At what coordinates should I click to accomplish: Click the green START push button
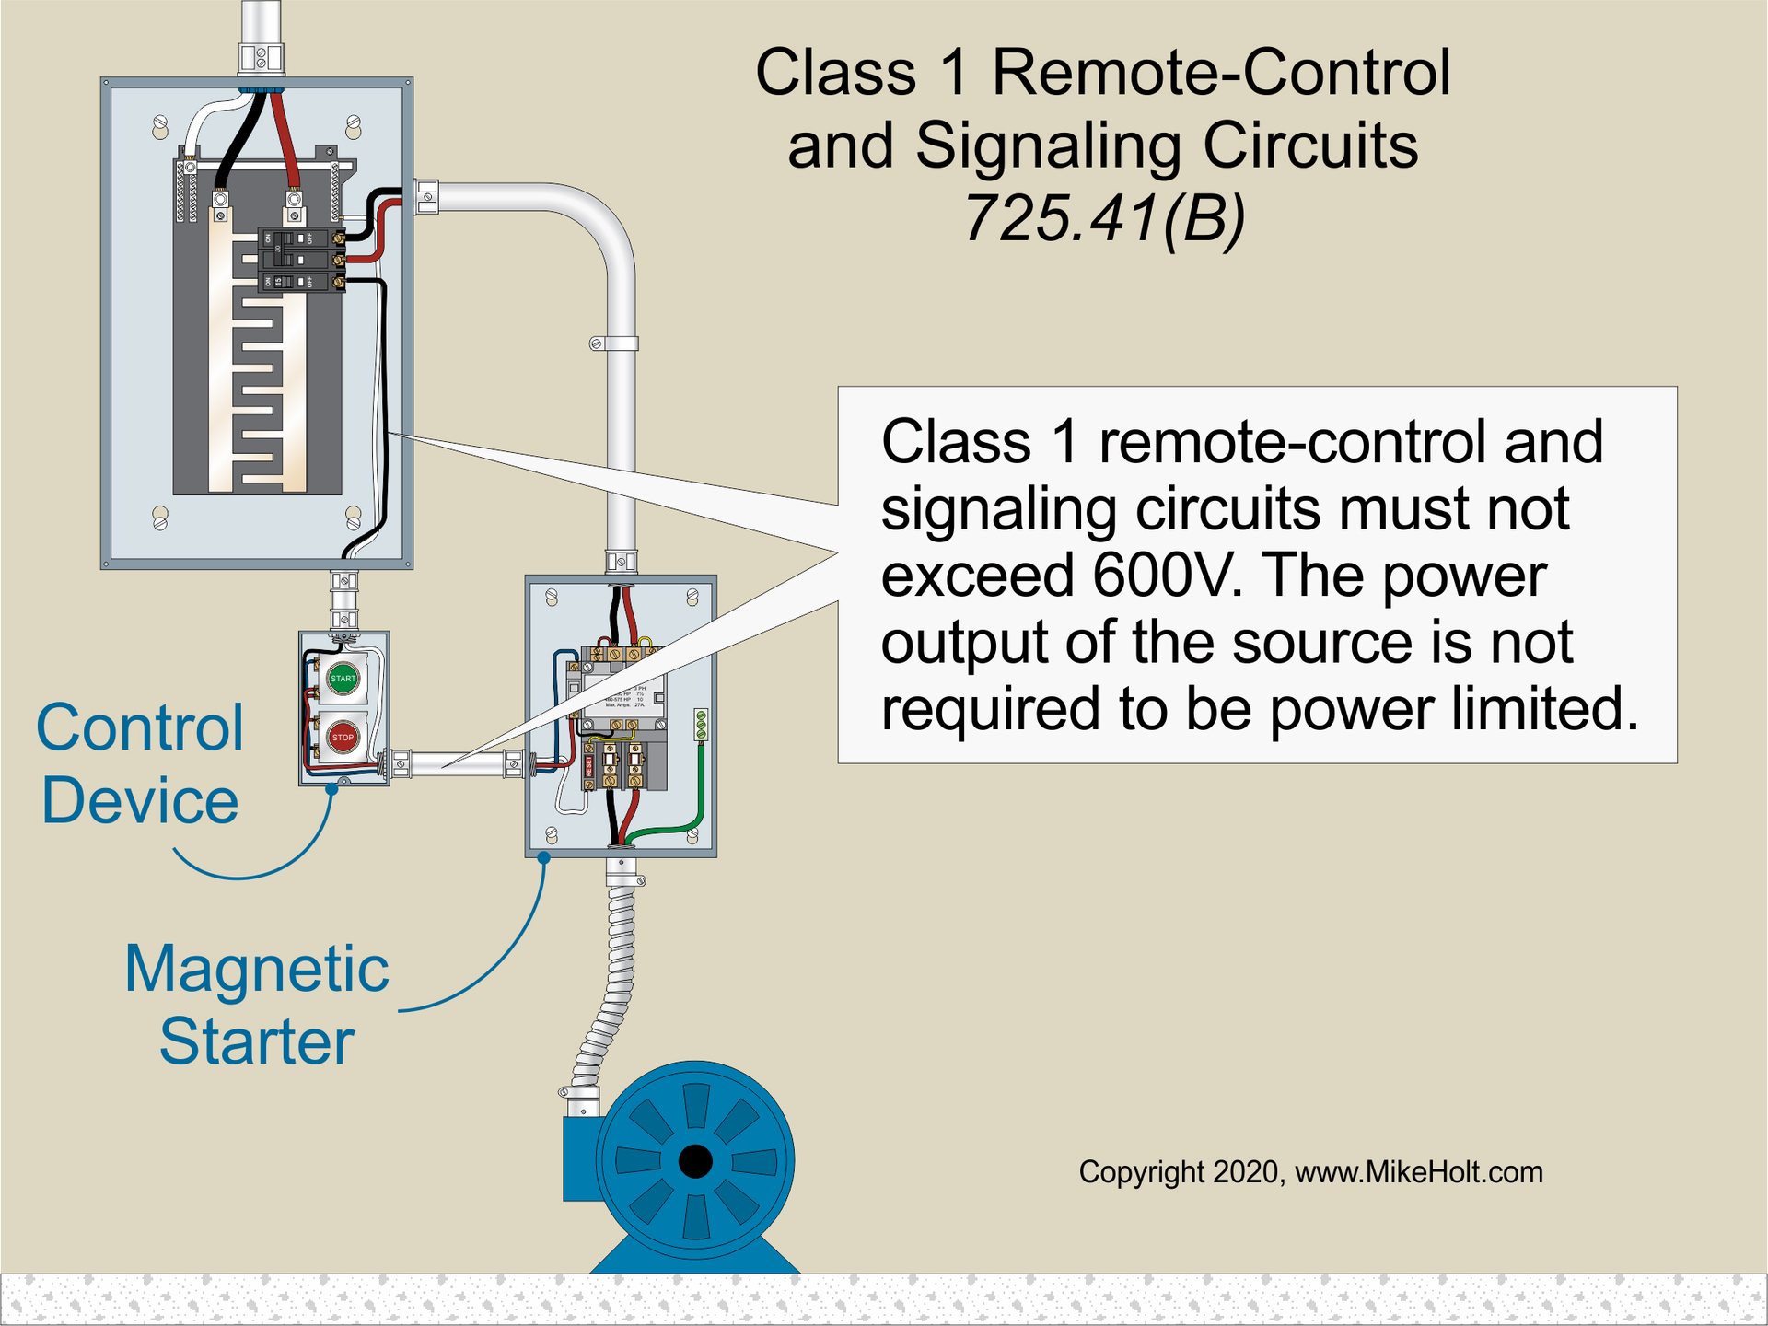click(x=343, y=678)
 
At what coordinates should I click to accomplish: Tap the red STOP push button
click(x=343, y=737)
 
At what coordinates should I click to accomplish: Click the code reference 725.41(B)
click(x=1103, y=219)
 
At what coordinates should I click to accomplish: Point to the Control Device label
click(x=140, y=762)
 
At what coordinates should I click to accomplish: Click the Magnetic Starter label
click(x=256, y=1004)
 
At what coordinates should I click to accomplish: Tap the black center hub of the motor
click(x=694, y=1162)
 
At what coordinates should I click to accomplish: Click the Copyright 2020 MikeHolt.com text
click(x=1309, y=1172)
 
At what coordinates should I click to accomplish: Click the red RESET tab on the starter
click(x=590, y=766)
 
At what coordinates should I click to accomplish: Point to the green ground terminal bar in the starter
click(x=701, y=724)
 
